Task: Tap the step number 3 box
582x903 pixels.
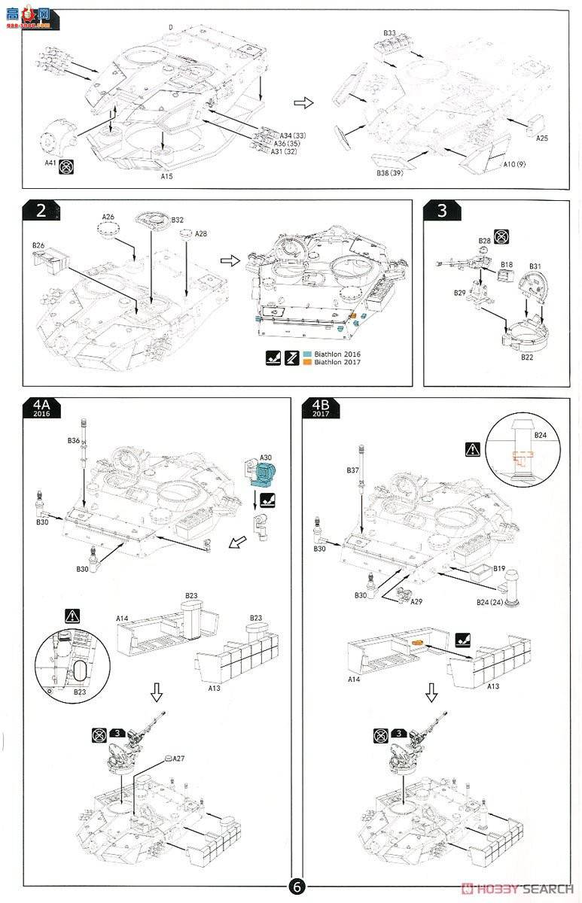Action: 441,211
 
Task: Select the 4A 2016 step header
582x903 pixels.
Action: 41,409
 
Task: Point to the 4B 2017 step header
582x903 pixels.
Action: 320,409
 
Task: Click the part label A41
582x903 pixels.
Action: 50,162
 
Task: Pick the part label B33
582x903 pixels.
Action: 389,33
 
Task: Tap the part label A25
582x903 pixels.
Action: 542,138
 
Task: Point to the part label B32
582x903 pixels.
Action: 178,220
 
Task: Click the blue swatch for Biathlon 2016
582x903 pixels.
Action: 306,354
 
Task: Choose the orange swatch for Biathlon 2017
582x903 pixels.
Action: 306,363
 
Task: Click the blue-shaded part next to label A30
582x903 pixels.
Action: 265,476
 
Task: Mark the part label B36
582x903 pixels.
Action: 73,439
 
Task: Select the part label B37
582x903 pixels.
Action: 352,470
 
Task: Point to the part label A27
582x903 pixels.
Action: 178,759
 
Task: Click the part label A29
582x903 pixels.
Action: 416,603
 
